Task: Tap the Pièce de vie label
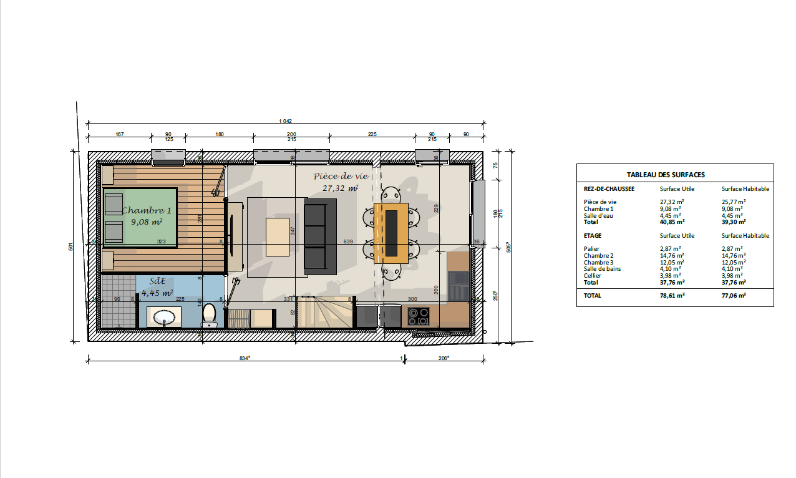coord(340,177)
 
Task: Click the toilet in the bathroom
coord(210,315)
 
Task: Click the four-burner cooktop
coord(418,316)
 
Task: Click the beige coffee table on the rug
coord(278,237)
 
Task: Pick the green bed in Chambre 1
coord(140,215)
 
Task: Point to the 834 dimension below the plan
coord(245,358)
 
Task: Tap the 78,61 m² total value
coord(672,296)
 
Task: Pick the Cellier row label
coord(593,276)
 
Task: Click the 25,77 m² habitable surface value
coord(734,202)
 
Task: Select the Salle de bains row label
coord(602,269)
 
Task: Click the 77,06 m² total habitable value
coord(734,296)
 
